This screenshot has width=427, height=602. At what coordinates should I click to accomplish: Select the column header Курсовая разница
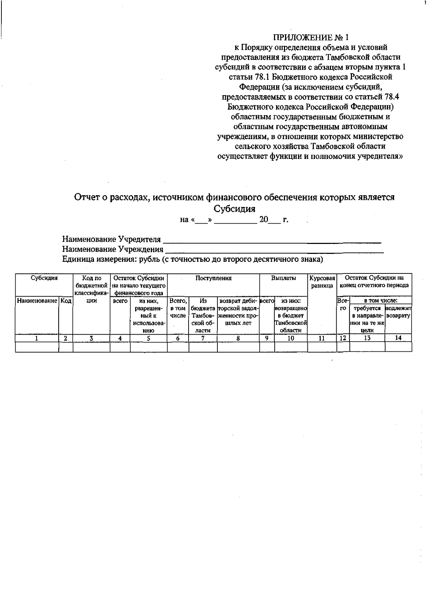point(322,282)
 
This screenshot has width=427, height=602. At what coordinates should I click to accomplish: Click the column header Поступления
point(213,278)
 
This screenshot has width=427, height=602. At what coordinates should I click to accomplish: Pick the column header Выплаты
point(283,278)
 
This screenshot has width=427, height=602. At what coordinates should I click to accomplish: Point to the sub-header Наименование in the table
point(37,301)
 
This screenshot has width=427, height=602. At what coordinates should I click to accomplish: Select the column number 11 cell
point(322,339)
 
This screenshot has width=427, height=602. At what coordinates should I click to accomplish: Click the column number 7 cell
point(202,339)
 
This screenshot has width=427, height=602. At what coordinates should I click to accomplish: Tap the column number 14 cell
point(398,338)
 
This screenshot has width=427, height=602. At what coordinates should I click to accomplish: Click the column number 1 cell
point(37,339)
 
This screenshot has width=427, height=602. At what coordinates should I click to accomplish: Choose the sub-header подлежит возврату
point(398,312)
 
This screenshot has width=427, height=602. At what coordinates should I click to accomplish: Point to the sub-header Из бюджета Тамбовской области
point(202,315)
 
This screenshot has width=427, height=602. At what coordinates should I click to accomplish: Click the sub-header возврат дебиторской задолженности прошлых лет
point(238,312)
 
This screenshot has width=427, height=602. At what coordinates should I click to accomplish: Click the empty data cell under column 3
point(91,347)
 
